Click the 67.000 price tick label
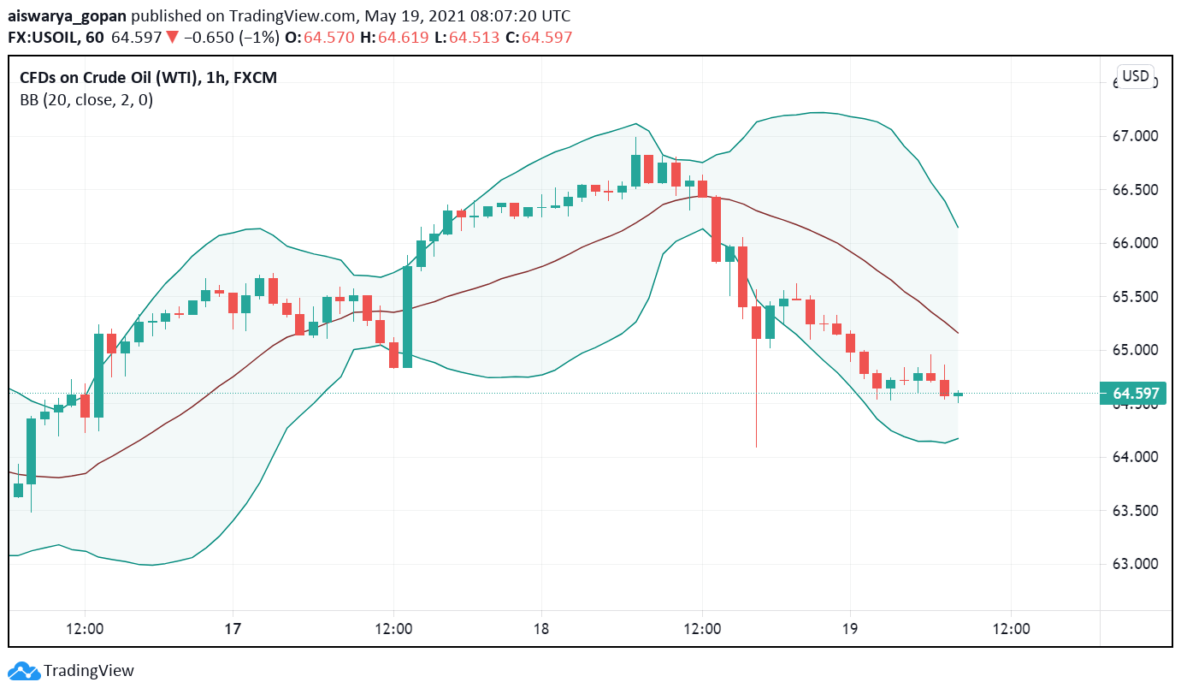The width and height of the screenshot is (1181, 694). (x=1135, y=136)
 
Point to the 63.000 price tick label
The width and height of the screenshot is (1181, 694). (x=1135, y=564)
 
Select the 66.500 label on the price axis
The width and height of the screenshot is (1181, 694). (x=1135, y=190)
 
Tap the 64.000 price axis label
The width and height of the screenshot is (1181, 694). (x=1135, y=457)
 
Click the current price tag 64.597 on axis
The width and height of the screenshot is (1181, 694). (x=1136, y=394)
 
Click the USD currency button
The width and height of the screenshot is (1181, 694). (x=1135, y=76)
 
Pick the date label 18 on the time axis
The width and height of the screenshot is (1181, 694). (x=540, y=629)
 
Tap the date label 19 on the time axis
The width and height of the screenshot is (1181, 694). (x=850, y=629)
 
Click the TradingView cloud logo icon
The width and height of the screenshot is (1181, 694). (x=24, y=671)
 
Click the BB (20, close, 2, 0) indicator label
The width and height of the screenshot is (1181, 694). (x=86, y=100)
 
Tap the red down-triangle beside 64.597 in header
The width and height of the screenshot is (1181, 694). (x=172, y=38)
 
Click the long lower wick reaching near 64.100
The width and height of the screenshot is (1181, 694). (x=757, y=402)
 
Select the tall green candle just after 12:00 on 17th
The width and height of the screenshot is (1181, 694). (x=408, y=317)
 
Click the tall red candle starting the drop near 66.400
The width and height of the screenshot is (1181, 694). (x=716, y=228)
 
